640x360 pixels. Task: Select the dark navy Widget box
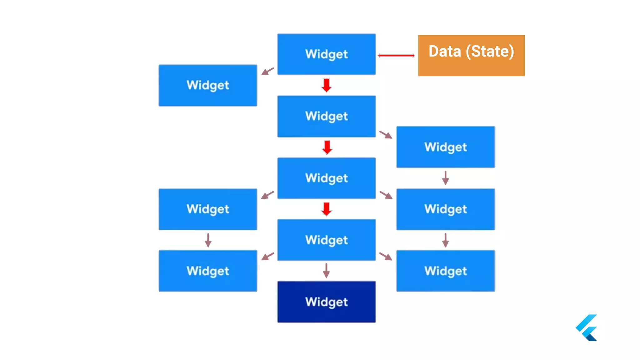pos(326,302)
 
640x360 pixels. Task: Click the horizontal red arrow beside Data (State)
pos(396,56)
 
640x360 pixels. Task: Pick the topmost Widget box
pos(326,54)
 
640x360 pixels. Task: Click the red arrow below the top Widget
pos(326,85)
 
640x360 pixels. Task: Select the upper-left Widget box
pos(208,85)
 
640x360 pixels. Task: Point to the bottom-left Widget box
pos(208,271)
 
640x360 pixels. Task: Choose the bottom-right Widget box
pos(445,271)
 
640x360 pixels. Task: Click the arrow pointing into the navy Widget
pos(326,271)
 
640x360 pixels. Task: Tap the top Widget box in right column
pos(445,147)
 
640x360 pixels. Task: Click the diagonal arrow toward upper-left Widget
pos(267,71)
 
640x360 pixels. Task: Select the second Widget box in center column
pos(326,116)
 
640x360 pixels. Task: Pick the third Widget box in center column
pos(326,178)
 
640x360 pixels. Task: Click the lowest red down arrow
pos(326,209)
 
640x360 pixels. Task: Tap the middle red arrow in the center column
pos(327,147)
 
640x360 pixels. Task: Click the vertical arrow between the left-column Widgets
pos(208,240)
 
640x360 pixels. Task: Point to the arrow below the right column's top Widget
pos(445,178)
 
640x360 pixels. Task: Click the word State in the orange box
pos(489,52)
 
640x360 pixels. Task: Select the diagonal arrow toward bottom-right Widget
pos(386,256)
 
